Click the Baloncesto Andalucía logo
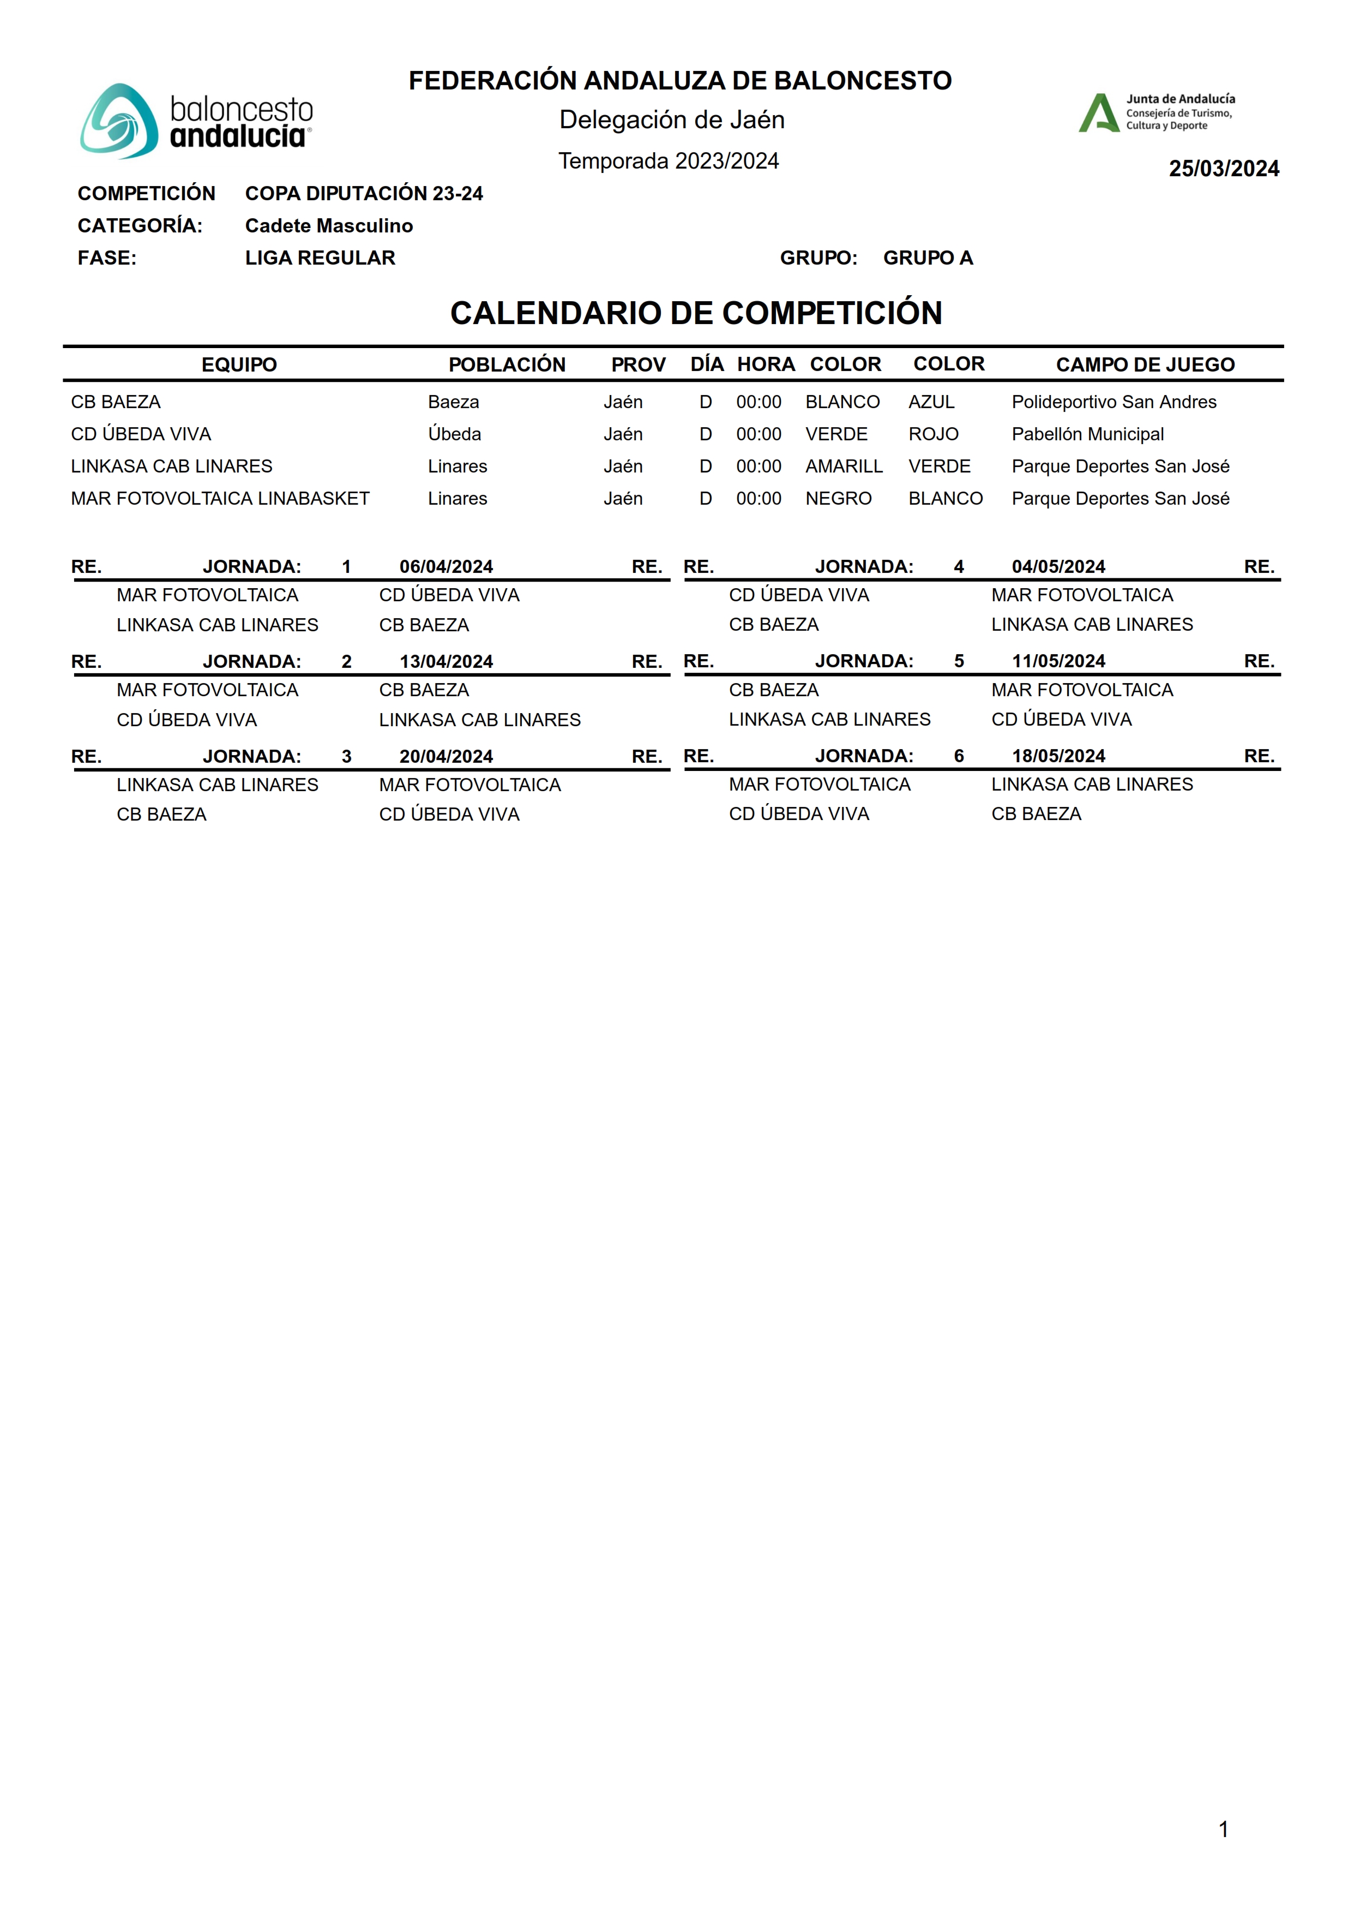(197, 122)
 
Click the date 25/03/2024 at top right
(1223, 169)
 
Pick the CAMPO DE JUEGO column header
(1145, 366)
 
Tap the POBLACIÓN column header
(507, 366)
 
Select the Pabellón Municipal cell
(1087, 434)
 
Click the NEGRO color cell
(838, 499)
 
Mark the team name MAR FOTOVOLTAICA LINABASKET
(220, 499)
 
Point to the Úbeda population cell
(454, 434)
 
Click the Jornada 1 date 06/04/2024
(446, 567)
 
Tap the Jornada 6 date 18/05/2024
(1058, 756)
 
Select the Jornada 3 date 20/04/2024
(446, 757)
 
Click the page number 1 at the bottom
(1223, 1830)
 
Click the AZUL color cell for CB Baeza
(931, 403)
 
